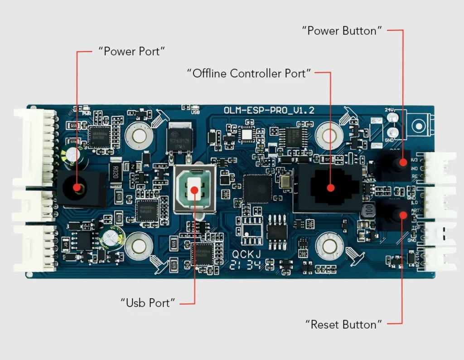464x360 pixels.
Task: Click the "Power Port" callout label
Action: [131, 51]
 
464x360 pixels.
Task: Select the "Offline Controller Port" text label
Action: [249, 73]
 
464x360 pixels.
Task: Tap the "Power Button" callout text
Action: [342, 31]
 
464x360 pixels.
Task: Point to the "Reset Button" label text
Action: [343, 325]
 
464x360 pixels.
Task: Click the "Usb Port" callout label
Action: [148, 302]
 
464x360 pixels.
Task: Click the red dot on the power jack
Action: [77, 187]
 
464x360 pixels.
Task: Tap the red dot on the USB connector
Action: [195, 190]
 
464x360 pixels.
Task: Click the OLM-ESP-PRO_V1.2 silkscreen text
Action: [269, 110]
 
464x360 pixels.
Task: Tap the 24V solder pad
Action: [392, 118]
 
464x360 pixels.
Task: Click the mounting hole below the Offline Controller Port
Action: [329, 247]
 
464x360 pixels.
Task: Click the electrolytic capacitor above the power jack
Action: [72, 154]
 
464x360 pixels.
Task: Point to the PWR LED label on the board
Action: [86, 113]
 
